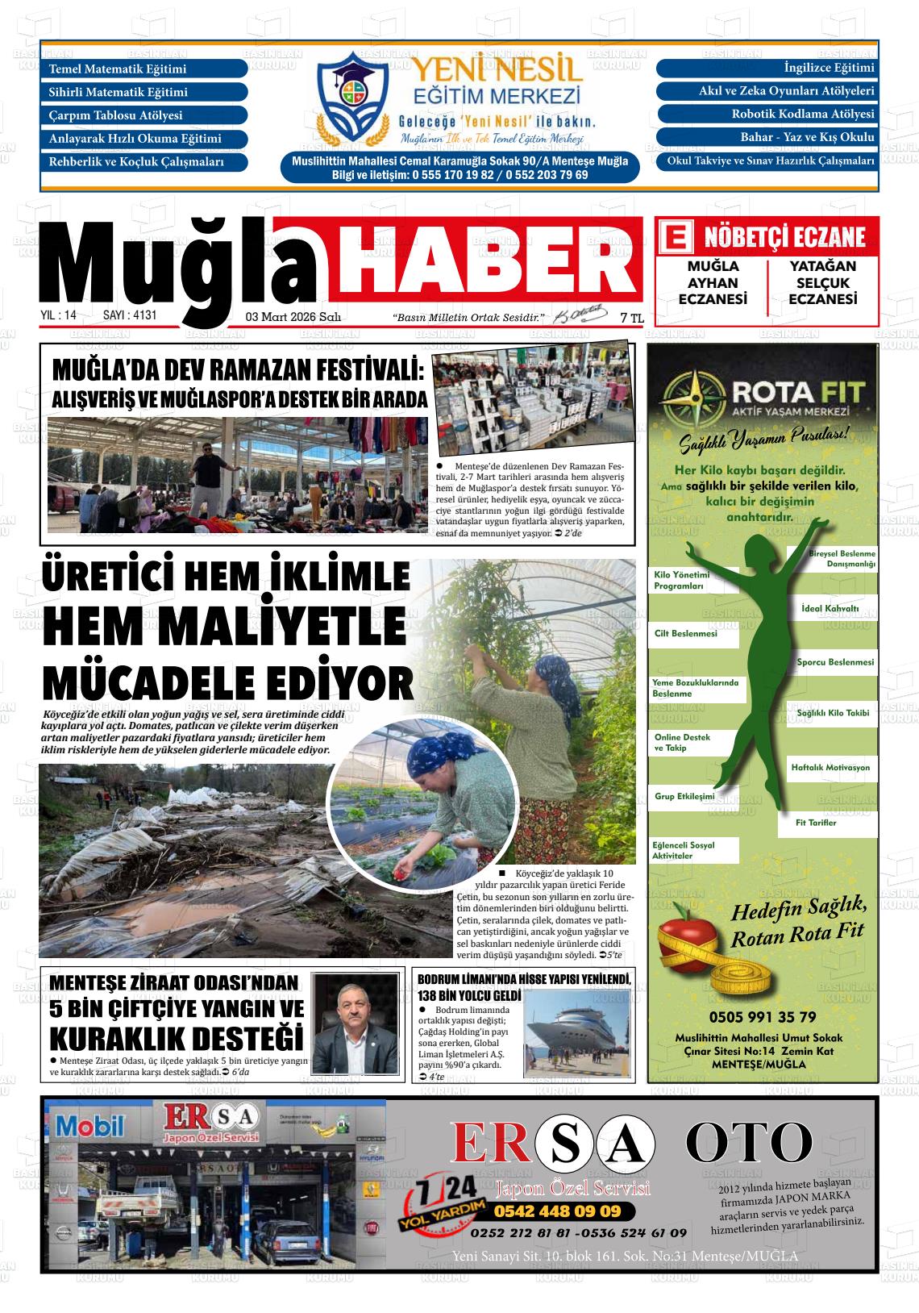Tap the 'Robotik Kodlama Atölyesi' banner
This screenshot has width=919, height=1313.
pyautogui.click(x=766, y=115)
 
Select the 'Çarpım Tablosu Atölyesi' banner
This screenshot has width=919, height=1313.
pyautogui.click(x=145, y=115)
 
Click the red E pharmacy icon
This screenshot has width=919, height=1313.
pyautogui.click(x=676, y=238)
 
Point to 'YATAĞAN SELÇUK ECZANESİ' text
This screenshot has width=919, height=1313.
pyautogui.click(x=822, y=282)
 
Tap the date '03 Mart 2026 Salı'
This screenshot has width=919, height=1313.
pyautogui.click(x=293, y=318)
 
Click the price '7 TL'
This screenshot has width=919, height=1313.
pyautogui.click(x=631, y=319)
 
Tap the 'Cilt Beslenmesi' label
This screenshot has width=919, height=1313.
pyautogui.click(x=686, y=634)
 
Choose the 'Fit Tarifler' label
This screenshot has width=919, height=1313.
pyautogui.click(x=816, y=823)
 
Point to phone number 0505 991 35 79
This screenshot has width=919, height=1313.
pyautogui.click(x=762, y=1016)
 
